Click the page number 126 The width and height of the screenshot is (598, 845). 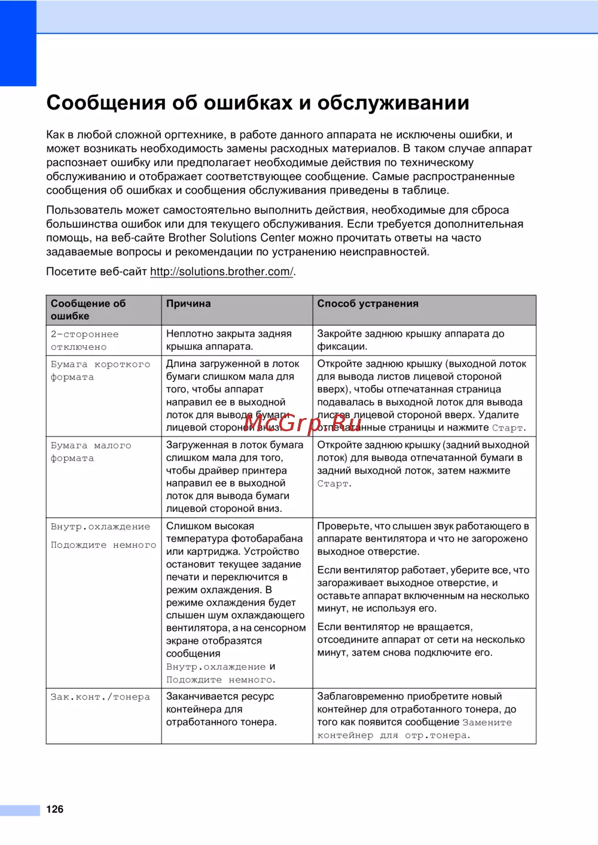pyautogui.click(x=55, y=809)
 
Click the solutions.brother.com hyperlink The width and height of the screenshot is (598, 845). pyautogui.click(x=221, y=272)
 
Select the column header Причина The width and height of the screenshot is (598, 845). pyautogui.click(x=188, y=304)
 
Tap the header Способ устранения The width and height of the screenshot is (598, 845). pyautogui.click(x=368, y=304)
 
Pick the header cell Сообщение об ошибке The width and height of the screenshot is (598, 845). pyautogui.click(x=88, y=310)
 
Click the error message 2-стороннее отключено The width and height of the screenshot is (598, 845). pyautogui.click(x=84, y=340)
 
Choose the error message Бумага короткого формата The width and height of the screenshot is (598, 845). pyautogui.click(x=100, y=371)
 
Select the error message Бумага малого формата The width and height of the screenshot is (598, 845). pyautogui.click(x=90, y=452)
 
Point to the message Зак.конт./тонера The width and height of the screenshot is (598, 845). pyautogui.click(x=100, y=697)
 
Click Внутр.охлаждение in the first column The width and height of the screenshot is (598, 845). pyautogui.click(x=100, y=527)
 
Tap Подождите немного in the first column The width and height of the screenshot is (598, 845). pyautogui.click(x=103, y=545)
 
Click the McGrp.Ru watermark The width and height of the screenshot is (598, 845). pyautogui.click(x=303, y=423)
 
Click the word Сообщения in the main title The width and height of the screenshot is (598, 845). pyautogui.click(x=106, y=103)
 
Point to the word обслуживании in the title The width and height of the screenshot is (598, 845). pyautogui.click(x=393, y=103)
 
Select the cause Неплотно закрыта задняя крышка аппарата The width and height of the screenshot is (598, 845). pyautogui.click(x=228, y=340)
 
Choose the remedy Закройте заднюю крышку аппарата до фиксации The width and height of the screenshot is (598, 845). pyautogui.click(x=410, y=340)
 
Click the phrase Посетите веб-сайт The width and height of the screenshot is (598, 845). pyautogui.click(x=96, y=272)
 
